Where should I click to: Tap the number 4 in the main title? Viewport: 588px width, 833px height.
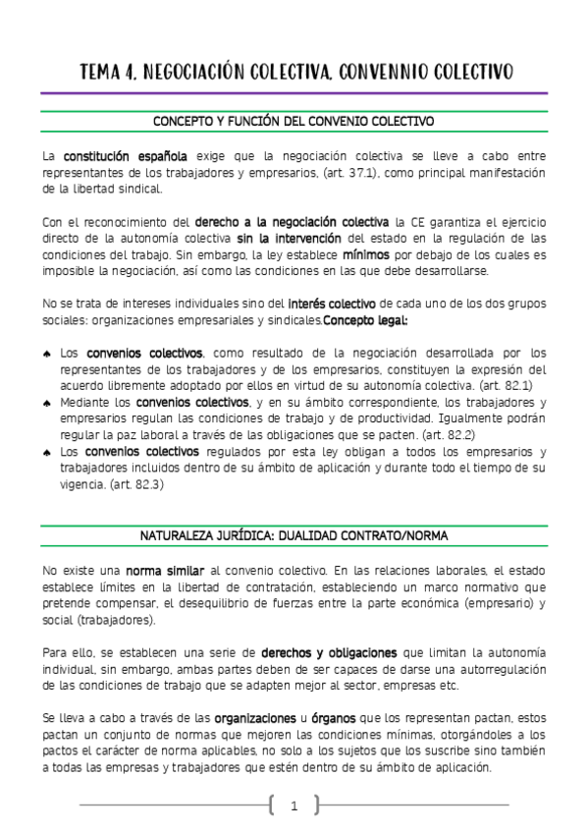click(x=131, y=72)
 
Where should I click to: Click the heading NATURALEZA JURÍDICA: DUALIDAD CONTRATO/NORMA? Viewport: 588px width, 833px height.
click(x=294, y=536)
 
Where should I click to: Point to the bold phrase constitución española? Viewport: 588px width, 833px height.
click(x=126, y=156)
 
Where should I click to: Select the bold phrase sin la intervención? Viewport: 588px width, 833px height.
click(x=289, y=239)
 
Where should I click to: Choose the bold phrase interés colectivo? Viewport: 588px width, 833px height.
click(x=332, y=304)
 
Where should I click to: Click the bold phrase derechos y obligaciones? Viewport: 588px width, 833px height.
click(x=329, y=652)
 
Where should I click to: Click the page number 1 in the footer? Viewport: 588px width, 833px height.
click(x=294, y=806)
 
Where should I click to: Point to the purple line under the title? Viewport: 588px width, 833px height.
click(x=294, y=93)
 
